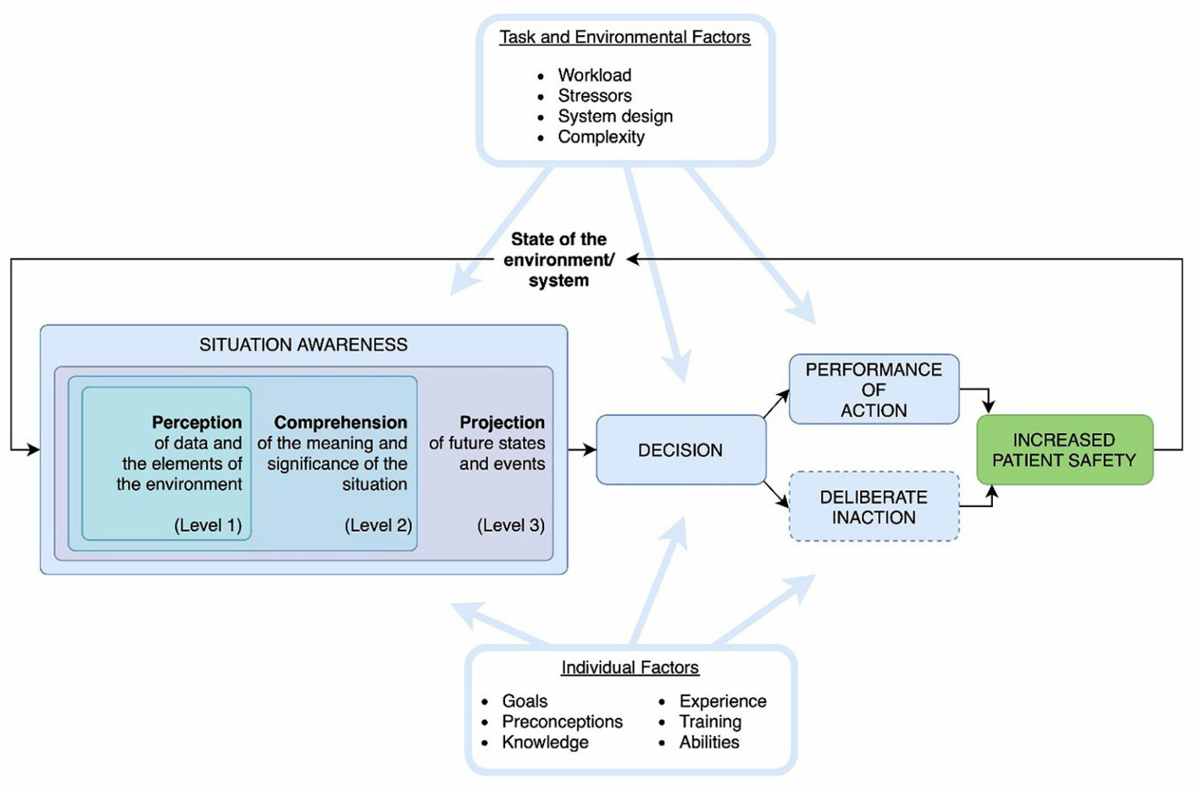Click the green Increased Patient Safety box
(x=1064, y=450)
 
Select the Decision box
(x=680, y=450)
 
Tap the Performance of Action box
(x=873, y=390)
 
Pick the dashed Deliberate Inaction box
(x=873, y=507)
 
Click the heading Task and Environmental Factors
(x=624, y=37)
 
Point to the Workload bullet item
(x=594, y=75)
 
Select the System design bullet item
(x=615, y=116)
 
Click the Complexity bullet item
(x=601, y=137)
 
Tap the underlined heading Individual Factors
(x=630, y=667)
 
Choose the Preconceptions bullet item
(x=562, y=721)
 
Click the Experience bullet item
(x=723, y=701)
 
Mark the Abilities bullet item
(x=709, y=742)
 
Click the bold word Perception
(x=197, y=423)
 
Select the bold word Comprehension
(x=340, y=423)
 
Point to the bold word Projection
(x=502, y=423)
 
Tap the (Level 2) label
(x=378, y=525)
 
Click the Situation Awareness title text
(x=303, y=345)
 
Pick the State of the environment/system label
(x=559, y=259)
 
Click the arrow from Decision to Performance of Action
(x=777, y=404)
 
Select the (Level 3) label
(x=511, y=525)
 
